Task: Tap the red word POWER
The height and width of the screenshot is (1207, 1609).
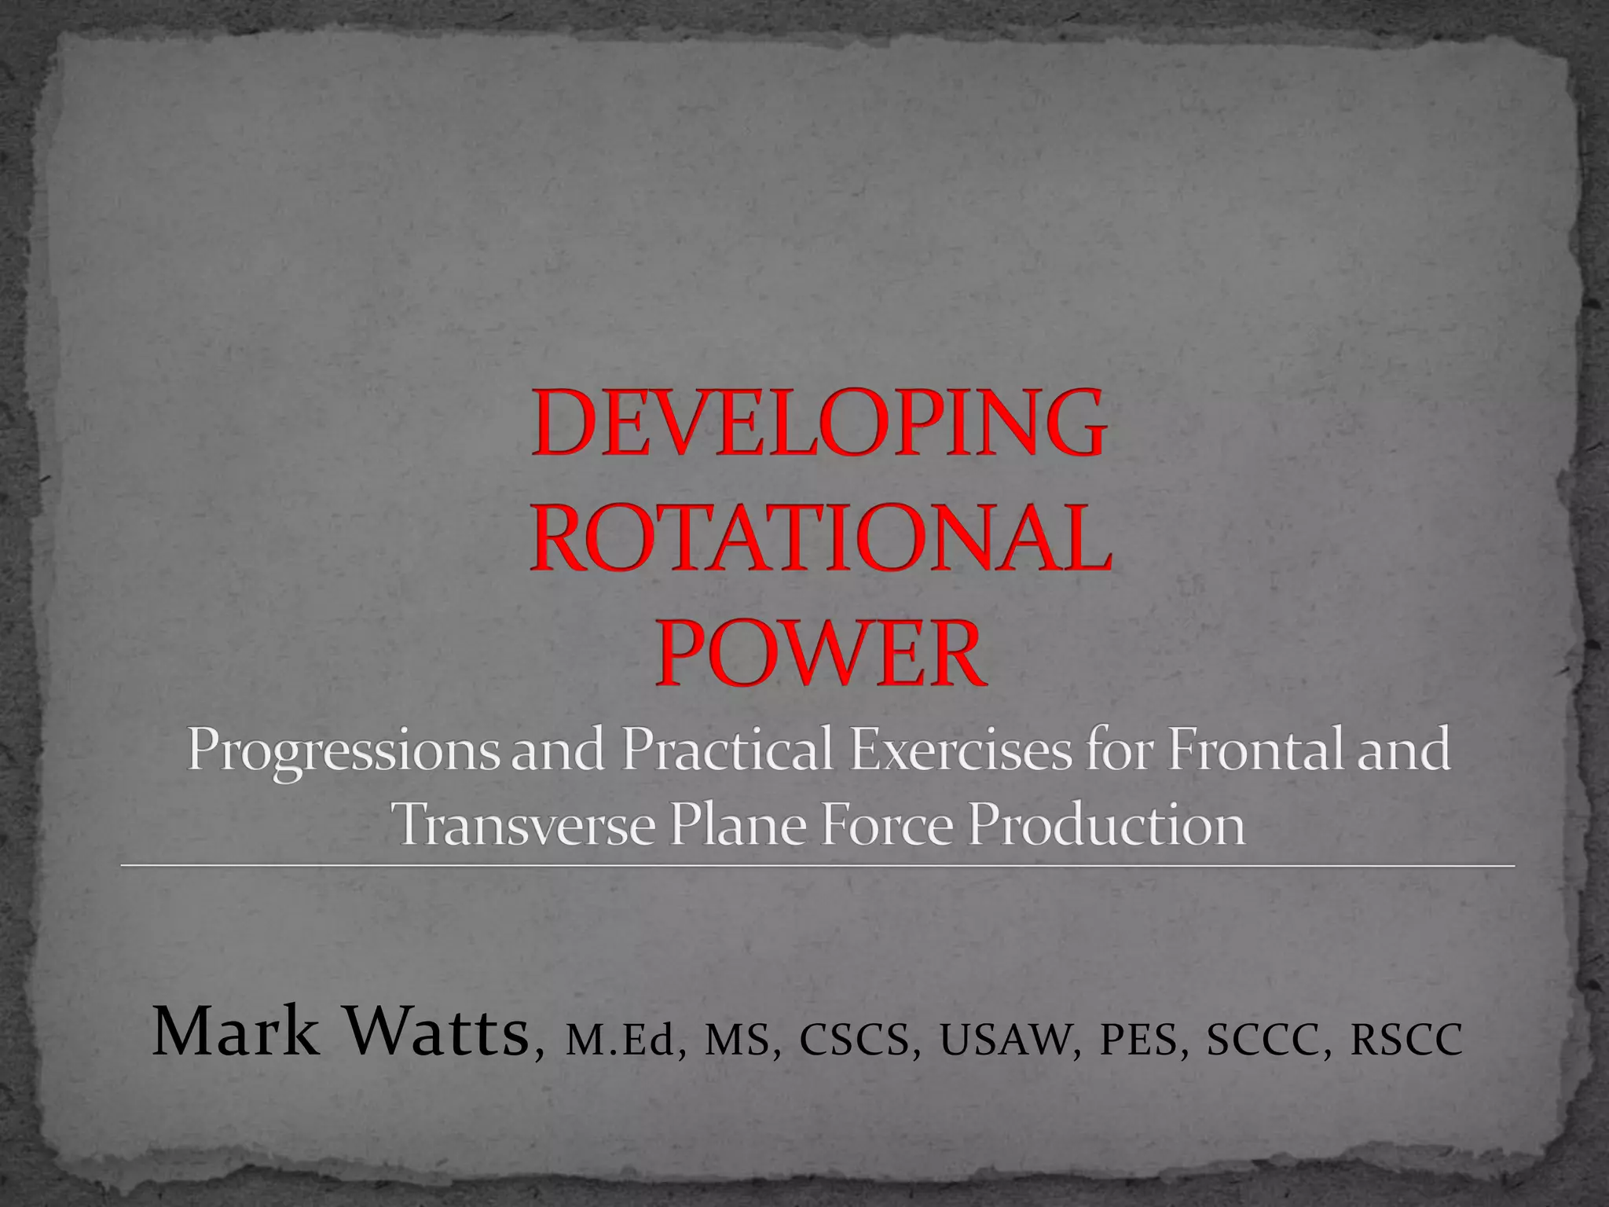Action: [x=819, y=654]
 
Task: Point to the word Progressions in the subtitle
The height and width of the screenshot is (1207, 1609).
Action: [x=342, y=753]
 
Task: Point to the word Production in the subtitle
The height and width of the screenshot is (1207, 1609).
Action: [x=1107, y=826]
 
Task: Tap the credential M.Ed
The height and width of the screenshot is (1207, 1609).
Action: [x=620, y=1040]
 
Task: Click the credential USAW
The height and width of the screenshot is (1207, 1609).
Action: [x=1006, y=1040]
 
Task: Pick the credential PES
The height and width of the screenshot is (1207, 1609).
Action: [x=1138, y=1040]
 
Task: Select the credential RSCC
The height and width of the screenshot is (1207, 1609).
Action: [x=1406, y=1040]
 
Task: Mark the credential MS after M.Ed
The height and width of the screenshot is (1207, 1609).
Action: [x=737, y=1040]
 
